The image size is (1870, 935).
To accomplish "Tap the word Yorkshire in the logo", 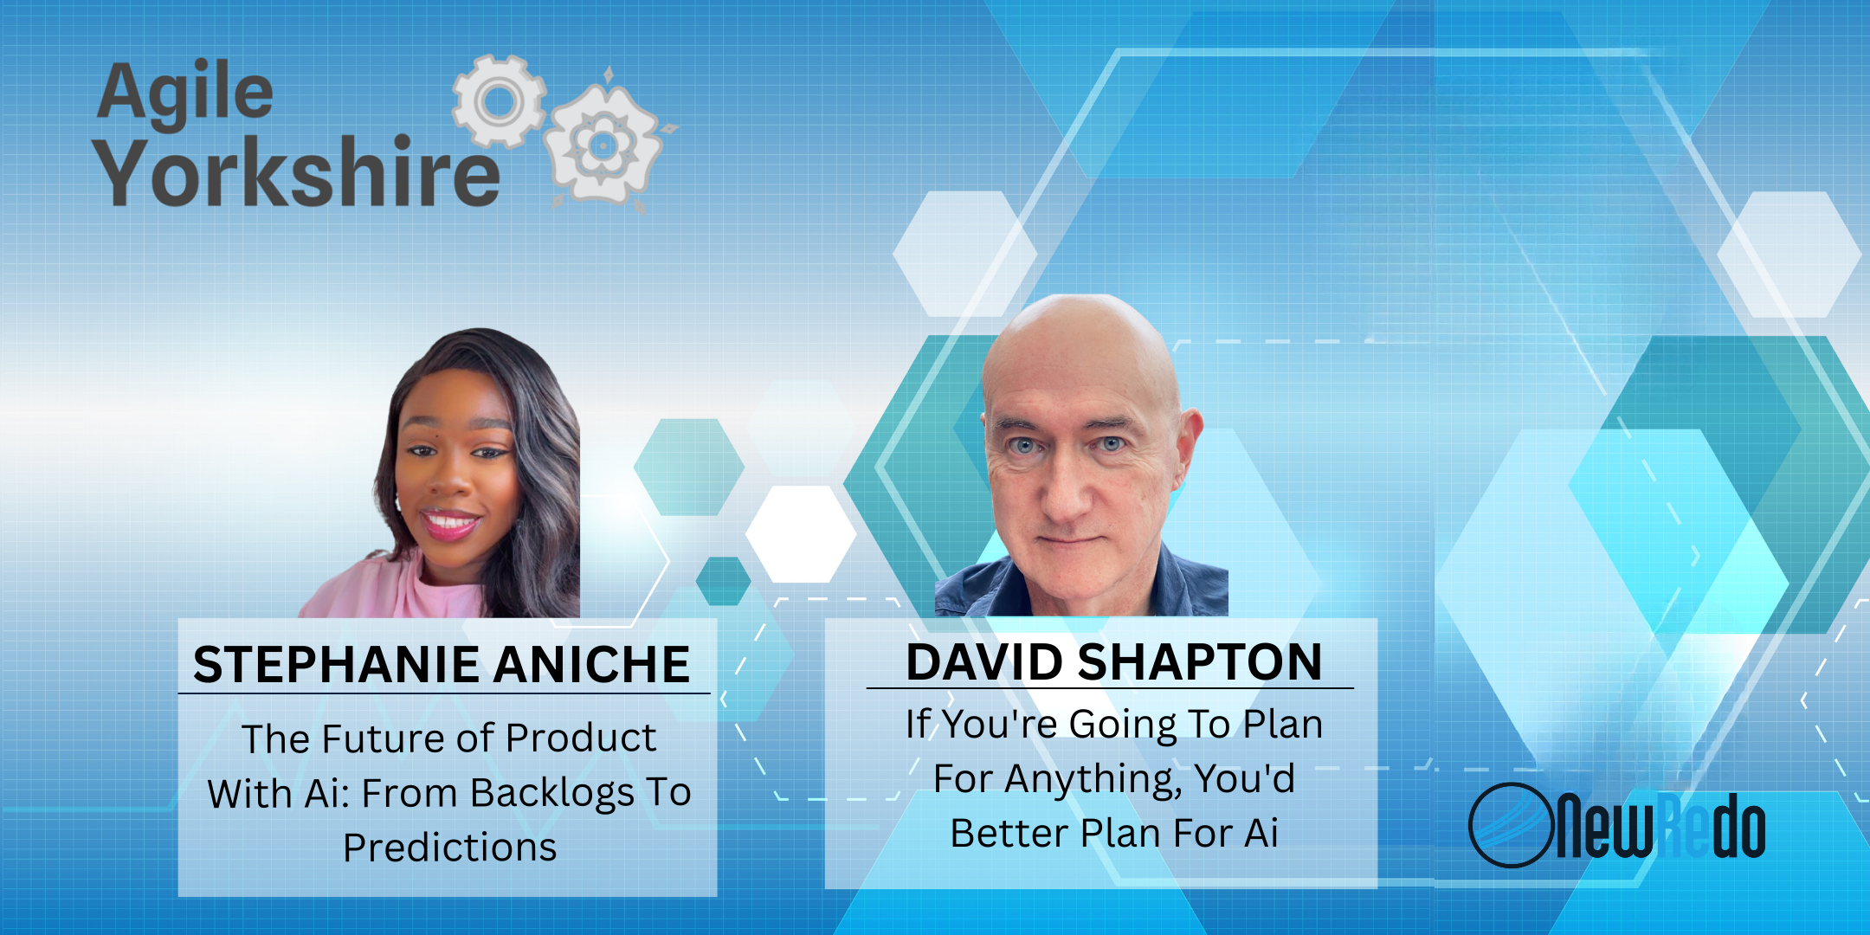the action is coord(298,172).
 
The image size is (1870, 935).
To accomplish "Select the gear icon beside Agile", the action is coord(500,100).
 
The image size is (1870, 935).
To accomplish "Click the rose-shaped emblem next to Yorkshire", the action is coord(604,143).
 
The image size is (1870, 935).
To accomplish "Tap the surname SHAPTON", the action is coord(1201,662).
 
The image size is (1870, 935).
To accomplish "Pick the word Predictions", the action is coord(449,848).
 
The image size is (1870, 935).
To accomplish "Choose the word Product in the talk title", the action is coord(581,738).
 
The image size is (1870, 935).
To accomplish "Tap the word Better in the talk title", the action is coord(1009,834).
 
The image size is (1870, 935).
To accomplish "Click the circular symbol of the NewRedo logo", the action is coord(1509,825).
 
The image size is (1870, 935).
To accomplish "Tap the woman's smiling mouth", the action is coord(449,523).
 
